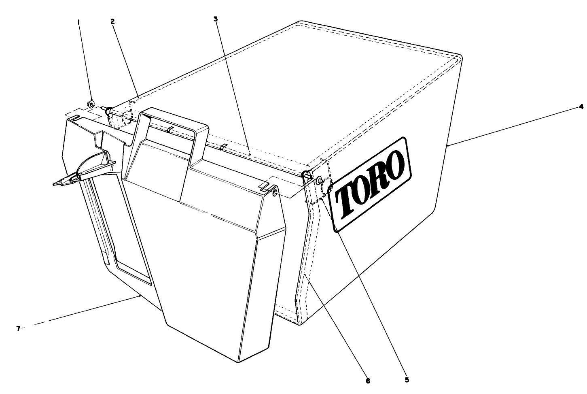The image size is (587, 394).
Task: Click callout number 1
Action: (78, 23)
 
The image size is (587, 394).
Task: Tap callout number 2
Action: (112, 21)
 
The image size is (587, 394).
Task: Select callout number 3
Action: (215, 19)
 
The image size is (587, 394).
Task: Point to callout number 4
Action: (581, 107)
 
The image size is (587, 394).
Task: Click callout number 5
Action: (407, 380)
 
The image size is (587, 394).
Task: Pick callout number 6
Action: (368, 381)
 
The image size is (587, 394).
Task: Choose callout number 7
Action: (18, 328)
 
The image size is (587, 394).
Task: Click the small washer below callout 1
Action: (91, 104)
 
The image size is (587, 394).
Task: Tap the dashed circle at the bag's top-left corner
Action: (127, 117)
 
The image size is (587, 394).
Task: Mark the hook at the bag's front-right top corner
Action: (306, 176)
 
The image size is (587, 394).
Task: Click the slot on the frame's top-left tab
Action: (74, 118)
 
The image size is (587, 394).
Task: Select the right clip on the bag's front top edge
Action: (223, 147)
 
